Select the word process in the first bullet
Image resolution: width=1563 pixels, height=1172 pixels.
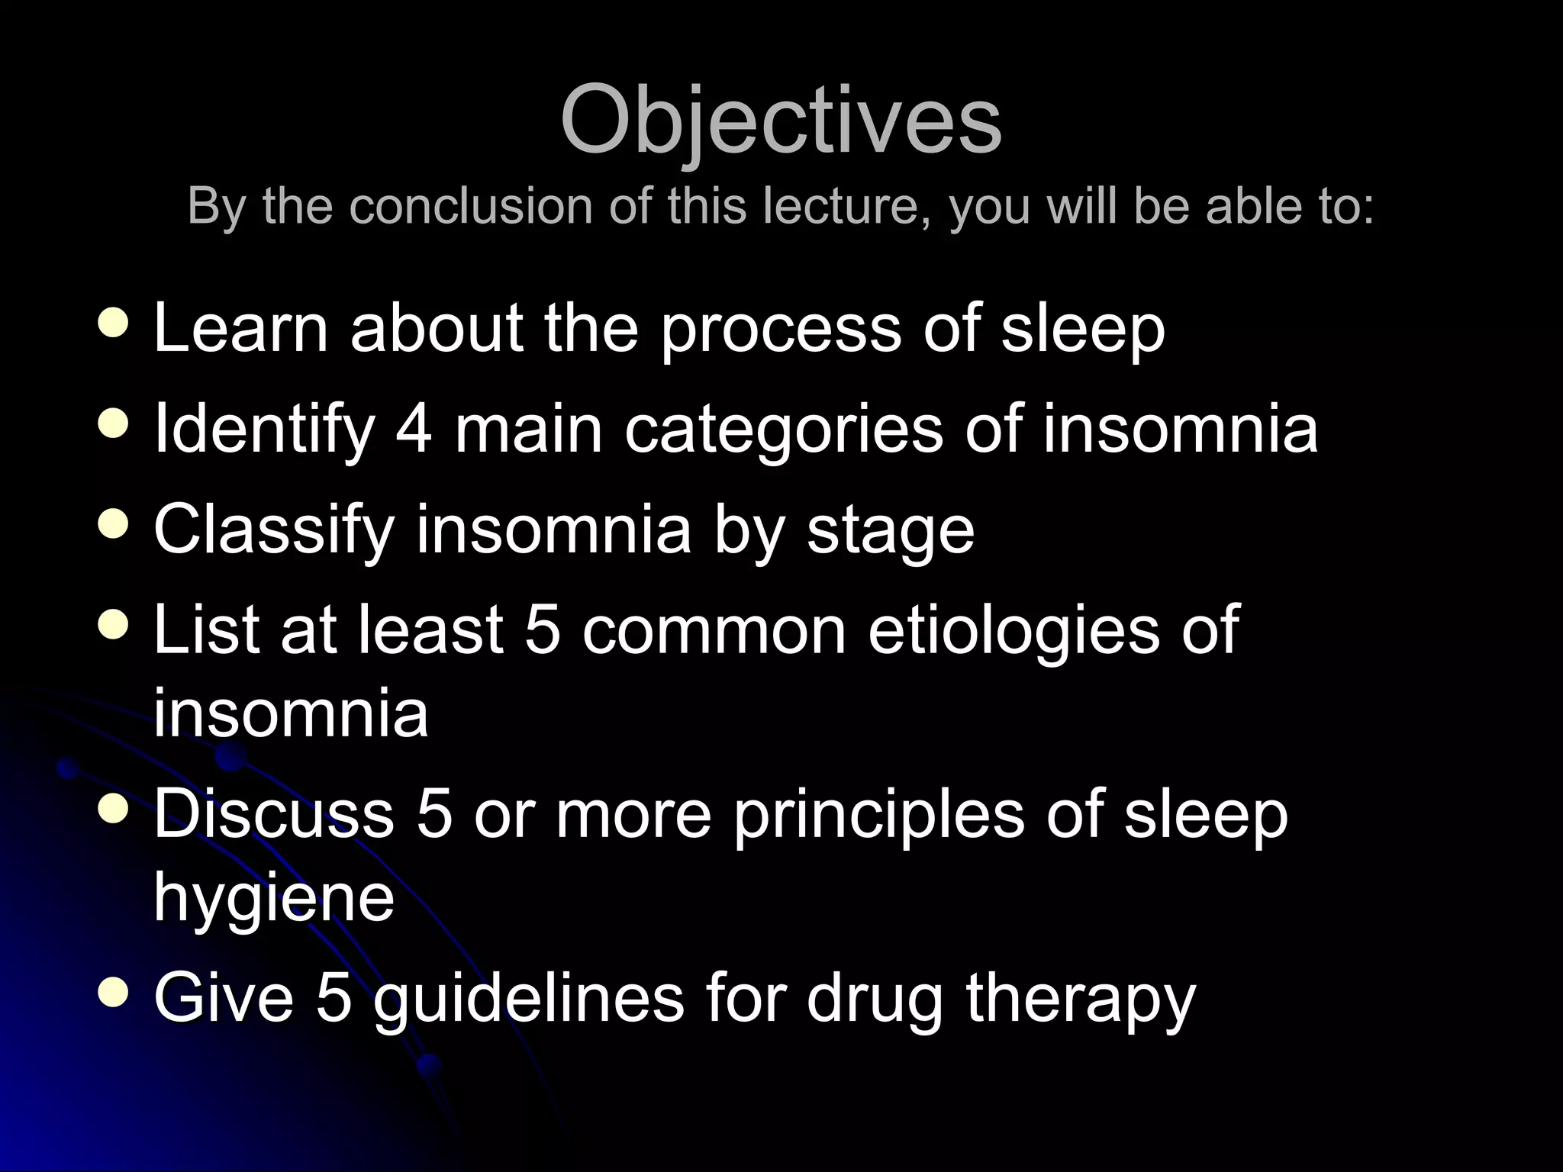coord(781,330)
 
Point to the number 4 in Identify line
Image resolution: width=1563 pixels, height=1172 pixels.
coord(414,429)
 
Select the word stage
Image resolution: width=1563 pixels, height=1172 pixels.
coord(891,533)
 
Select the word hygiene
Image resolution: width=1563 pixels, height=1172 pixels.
coord(274,899)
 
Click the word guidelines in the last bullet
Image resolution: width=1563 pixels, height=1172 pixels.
coord(528,1000)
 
